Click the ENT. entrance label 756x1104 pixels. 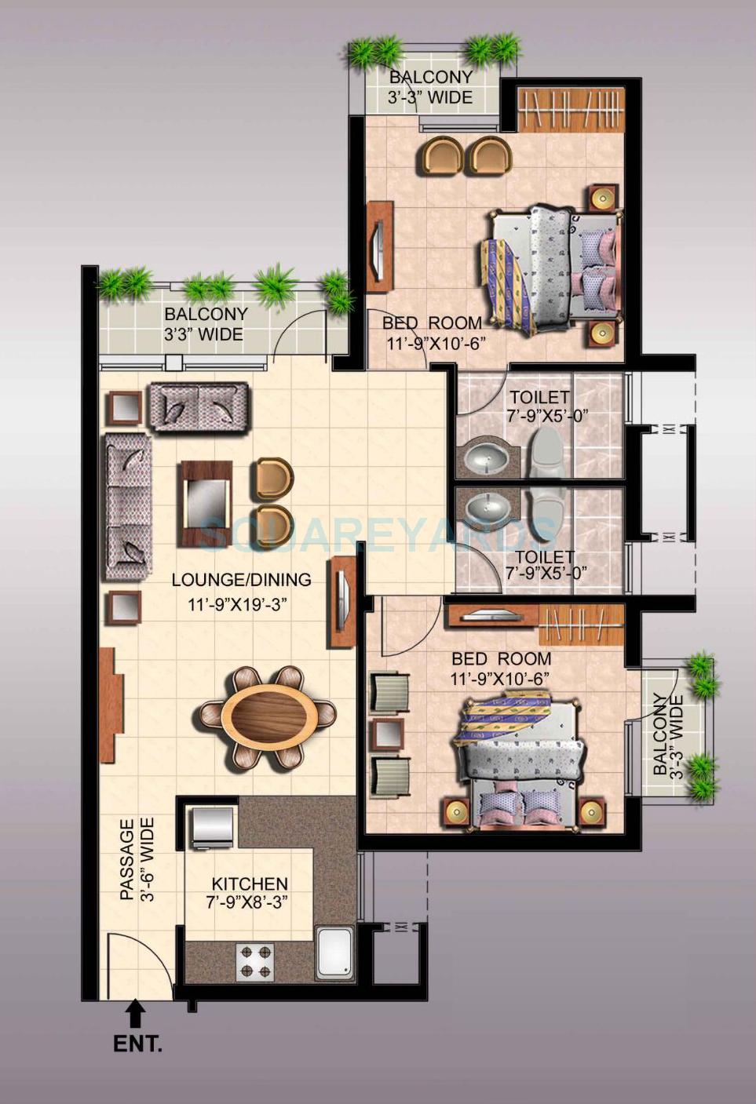(x=137, y=1044)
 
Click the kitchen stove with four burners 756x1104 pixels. (x=256, y=960)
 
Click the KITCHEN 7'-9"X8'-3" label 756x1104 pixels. (x=249, y=893)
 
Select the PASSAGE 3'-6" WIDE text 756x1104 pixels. (x=136, y=859)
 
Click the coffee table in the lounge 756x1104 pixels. (x=206, y=503)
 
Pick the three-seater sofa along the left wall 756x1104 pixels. (x=126, y=507)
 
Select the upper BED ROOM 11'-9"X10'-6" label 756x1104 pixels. (x=432, y=333)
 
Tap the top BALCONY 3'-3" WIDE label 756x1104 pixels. (x=430, y=87)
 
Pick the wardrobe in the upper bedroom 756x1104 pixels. (x=571, y=110)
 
